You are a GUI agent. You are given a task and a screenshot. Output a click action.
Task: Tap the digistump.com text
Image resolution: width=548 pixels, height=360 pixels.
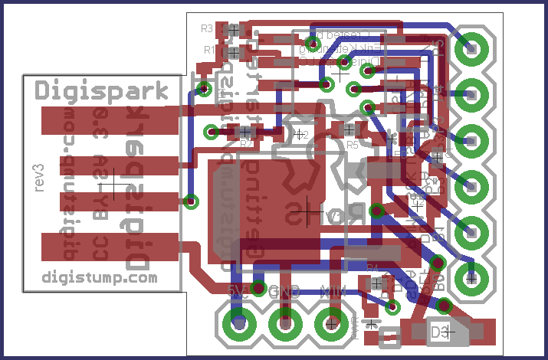(99, 277)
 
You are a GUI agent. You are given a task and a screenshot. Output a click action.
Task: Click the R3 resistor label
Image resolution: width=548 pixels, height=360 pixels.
(207, 29)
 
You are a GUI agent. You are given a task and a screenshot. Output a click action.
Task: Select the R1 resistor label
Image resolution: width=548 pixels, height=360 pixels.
(209, 50)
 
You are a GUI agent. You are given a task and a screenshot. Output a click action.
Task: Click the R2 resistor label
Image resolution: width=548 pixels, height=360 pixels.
(246, 143)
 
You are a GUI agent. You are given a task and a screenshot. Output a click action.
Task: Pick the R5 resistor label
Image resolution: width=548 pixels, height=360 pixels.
(353, 144)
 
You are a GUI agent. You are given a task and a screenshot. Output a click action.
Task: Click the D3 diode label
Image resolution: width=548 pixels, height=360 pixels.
(439, 332)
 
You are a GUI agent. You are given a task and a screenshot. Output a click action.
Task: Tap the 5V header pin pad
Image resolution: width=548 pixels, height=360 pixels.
(239, 324)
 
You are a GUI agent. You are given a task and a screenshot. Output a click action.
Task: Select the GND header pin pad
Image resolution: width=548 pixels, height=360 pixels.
(286, 324)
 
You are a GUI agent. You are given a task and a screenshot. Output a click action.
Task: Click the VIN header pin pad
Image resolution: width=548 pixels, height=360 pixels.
(332, 324)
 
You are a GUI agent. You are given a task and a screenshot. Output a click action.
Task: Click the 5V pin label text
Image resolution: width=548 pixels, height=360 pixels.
(238, 290)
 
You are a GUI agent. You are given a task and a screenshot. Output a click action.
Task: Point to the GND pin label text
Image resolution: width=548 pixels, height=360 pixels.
(285, 291)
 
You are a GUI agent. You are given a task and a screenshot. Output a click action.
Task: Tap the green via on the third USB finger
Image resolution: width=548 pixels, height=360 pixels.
(191, 201)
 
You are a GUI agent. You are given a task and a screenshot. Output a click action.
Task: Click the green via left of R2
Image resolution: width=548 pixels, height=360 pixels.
(212, 133)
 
